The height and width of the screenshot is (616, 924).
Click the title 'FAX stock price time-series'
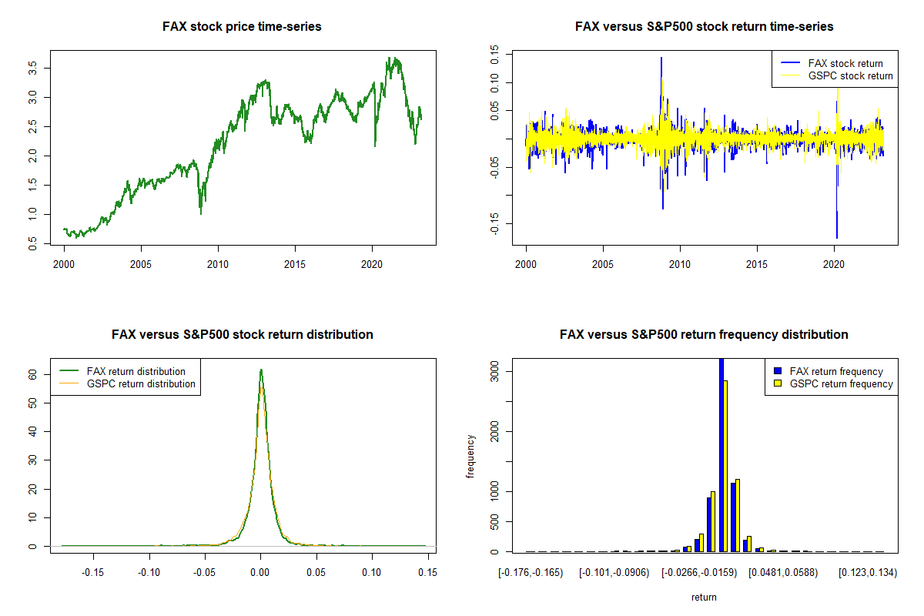tap(242, 27)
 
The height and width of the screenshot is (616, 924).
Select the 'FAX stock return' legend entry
tap(845, 63)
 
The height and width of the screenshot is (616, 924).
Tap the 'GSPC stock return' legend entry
tap(850, 75)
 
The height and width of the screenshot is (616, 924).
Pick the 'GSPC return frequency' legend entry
tap(841, 383)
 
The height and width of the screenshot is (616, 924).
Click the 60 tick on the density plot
tap(33, 374)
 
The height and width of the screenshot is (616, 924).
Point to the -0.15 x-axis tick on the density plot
tap(94, 572)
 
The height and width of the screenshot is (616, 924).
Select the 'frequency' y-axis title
tap(471, 456)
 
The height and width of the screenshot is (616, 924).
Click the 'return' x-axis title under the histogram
tap(704, 597)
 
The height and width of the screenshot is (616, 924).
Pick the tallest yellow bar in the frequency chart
tap(725, 465)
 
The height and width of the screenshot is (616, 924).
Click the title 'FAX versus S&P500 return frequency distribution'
tap(704, 335)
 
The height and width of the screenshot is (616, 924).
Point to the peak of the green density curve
tap(261, 370)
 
